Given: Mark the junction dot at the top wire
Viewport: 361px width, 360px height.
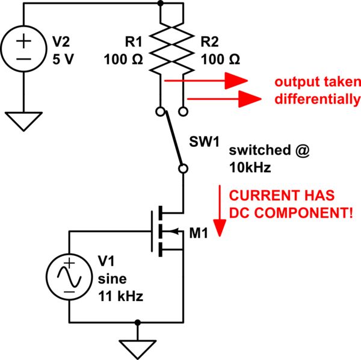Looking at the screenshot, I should pyautogui.click(x=161, y=3).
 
